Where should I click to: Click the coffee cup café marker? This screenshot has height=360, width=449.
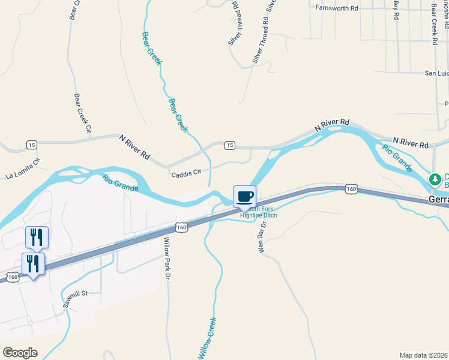click(244, 196)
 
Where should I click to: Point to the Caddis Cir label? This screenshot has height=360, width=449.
click(186, 172)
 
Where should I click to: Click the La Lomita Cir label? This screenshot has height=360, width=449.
click(23, 169)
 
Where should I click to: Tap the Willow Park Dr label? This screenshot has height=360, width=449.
click(168, 258)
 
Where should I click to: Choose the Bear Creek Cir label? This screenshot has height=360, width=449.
click(83, 112)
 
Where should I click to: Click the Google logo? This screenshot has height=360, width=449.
click(20, 353)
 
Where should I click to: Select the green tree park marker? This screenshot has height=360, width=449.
click(434, 179)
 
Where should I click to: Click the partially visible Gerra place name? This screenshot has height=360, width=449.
click(439, 199)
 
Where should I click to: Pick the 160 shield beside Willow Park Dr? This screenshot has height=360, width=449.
click(181, 227)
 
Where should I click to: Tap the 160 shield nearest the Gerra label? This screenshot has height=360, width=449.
click(352, 190)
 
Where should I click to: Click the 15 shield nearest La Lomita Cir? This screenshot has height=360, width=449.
click(31, 145)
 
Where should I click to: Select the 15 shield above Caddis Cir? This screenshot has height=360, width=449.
click(229, 146)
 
